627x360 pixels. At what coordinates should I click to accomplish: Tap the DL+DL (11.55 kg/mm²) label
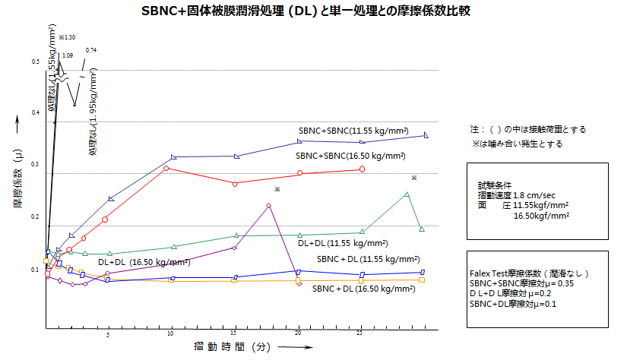[342, 243]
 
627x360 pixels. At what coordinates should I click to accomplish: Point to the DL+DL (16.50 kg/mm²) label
[144, 262]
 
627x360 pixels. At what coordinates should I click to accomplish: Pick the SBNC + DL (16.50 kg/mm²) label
[363, 289]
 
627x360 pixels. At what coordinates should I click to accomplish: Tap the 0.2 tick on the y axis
[36, 217]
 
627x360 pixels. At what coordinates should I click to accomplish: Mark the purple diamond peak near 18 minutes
[269, 205]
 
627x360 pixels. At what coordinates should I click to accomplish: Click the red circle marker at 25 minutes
[361, 169]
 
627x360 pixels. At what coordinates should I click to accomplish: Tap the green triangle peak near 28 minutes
[407, 194]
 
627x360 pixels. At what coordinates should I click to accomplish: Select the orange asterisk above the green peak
[414, 178]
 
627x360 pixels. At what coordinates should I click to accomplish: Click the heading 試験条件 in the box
[496, 185]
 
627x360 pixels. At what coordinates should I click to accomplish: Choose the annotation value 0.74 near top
[91, 50]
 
